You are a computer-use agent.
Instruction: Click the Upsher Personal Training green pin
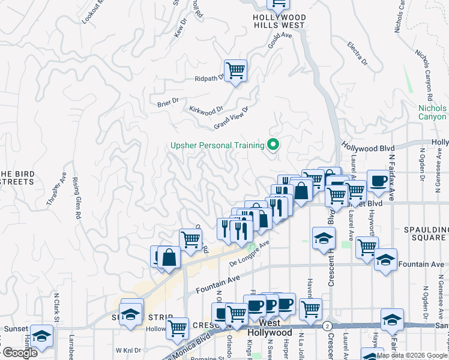tap(273, 145)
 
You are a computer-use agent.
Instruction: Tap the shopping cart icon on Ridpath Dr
tap(235, 71)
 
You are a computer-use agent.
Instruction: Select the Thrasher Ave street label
tap(56, 189)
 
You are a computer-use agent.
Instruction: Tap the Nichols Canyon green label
tap(432, 112)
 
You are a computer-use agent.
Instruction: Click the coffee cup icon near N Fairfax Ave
tap(378, 181)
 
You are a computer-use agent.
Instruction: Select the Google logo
tap(19, 353)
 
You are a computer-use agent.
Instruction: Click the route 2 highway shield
tap(327, 325)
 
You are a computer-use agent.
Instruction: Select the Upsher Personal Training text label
tap(217, 145)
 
